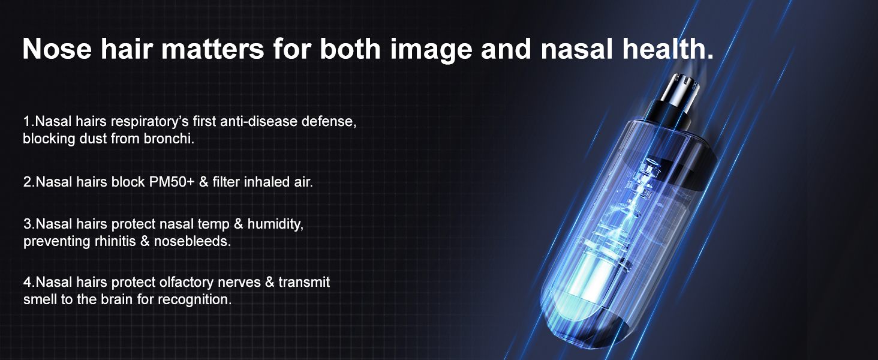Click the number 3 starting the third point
tap(27, 224)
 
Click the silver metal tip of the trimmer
tap(679, 86)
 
